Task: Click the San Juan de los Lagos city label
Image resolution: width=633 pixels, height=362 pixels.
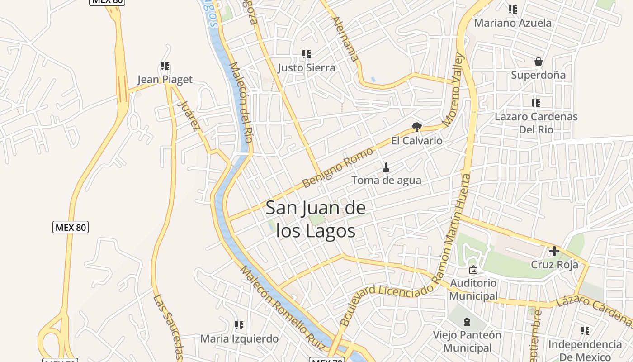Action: (x=316, y=219)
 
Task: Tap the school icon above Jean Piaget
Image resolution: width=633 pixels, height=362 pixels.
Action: (x=165, y=67)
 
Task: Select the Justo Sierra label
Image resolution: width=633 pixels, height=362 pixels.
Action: (x=307, y=68)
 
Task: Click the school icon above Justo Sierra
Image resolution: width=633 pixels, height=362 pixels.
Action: (x=307, y=54)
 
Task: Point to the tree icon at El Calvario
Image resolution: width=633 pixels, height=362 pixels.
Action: (x=416, y=127)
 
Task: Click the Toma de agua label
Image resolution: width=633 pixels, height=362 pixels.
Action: (x=386, y=180)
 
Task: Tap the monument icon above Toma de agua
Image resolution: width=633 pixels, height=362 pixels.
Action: (x=386, y=167)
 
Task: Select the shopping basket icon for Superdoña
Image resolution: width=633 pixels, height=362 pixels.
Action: (x=538, y=62)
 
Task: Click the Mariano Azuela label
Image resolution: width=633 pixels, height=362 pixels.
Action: (x=513, y=23)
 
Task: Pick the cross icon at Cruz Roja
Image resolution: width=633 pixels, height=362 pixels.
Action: (x=554, y=251)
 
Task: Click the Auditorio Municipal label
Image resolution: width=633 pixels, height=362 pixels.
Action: (x=473, y=290)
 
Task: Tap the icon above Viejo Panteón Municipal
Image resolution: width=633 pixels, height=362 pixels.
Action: (x=467, y=322)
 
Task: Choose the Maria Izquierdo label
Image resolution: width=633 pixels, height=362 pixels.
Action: (x=239, y=338)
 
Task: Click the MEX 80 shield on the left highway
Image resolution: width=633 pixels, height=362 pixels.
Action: (x=71, y=227)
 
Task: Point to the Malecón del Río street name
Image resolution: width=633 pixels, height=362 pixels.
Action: (x=241, y=102)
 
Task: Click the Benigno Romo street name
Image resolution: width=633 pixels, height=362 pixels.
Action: (x=338, y=167)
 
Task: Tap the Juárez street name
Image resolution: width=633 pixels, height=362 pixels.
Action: (x=189, y=115)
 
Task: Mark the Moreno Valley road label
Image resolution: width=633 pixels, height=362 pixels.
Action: (x=453, y=90)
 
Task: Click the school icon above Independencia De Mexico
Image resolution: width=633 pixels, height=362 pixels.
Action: (x=585, y=331)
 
